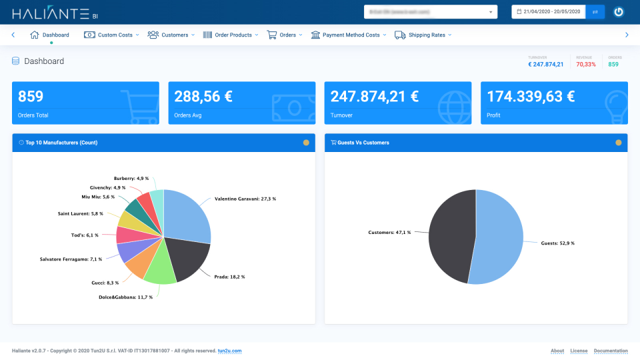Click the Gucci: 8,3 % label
[x=105, y=283]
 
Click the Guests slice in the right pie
[x=501, y=237]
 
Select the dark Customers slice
[x=450, y=237]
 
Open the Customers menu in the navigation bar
[x=171, y=35]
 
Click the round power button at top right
[x=619, y=12]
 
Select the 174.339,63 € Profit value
[x=531, y=97]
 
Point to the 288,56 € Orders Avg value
[x=203, y=97]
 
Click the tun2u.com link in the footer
[x=229, y=351]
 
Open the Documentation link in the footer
[x=611, y=351]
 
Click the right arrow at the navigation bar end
[x=627, y=35]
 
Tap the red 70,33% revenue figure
[x=586, y=65]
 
